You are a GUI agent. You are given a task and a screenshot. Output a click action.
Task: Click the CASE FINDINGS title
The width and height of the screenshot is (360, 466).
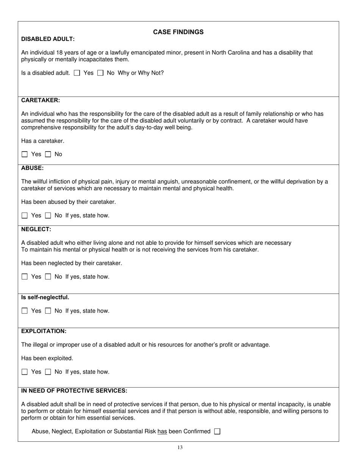178,32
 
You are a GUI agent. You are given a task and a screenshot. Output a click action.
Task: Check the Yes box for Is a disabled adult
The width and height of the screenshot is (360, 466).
77,73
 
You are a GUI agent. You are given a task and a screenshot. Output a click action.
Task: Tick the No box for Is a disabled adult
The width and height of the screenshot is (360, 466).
100,73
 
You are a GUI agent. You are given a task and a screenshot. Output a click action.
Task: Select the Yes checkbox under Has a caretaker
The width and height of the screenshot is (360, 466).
25,154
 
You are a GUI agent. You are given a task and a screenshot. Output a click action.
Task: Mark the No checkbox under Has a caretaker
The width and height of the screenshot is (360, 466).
48,154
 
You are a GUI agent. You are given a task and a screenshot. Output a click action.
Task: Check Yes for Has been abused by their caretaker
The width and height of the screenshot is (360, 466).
25,216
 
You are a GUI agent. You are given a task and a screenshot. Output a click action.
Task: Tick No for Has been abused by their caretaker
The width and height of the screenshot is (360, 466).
48,216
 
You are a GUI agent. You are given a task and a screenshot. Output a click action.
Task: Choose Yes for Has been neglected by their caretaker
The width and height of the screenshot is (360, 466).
25,277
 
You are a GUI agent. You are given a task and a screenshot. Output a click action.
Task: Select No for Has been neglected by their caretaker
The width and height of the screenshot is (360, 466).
48,277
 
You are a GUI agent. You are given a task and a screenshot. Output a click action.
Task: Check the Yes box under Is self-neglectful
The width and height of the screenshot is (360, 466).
25,311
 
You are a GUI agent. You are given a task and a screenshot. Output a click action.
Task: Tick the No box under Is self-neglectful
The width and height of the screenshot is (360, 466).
48,311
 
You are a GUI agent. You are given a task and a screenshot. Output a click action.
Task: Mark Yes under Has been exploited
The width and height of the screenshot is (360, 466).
25,372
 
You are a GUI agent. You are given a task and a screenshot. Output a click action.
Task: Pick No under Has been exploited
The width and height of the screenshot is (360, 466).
48,372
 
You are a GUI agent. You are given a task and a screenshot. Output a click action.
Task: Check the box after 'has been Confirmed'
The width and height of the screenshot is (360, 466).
217,431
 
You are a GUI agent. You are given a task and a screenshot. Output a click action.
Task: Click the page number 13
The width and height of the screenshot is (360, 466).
180,447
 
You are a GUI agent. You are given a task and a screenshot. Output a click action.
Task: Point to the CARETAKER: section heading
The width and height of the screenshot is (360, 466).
41,100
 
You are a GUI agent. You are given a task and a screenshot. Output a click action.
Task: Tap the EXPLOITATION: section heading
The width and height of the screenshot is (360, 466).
44,331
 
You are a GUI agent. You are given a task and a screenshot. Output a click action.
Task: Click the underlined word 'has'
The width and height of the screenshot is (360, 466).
162,431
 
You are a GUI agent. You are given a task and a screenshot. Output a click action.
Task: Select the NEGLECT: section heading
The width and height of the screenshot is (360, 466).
36,229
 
